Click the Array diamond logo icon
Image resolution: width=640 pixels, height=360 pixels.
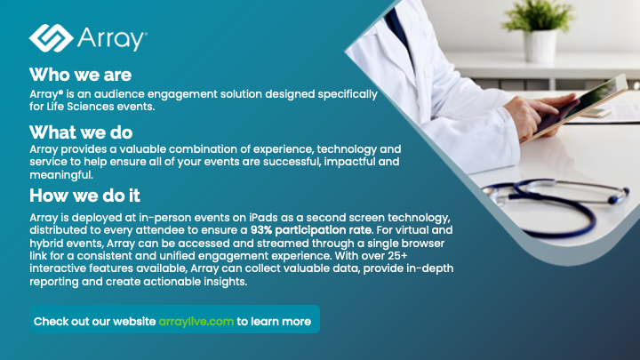[51, 38]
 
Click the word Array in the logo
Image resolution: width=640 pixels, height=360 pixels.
[112, 39]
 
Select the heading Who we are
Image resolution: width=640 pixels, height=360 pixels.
[80, 75]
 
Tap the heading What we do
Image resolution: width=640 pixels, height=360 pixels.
[81, 132]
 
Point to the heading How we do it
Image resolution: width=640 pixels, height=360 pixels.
[85, 196]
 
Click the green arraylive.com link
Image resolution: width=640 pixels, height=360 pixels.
[196, 322]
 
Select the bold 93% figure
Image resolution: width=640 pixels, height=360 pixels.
[261, 230]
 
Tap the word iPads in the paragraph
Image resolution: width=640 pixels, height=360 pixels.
[264, 218]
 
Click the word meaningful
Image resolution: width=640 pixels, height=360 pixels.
[61, 175]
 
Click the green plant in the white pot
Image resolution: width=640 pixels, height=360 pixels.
[539, 15]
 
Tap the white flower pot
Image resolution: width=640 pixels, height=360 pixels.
[540, 45]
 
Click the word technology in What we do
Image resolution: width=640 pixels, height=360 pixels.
[347, 149]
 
